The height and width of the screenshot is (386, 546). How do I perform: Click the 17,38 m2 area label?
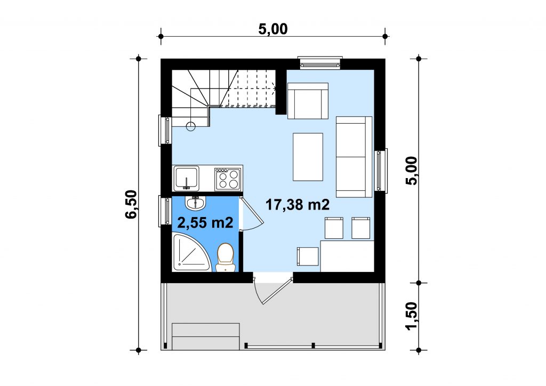coord(298,205)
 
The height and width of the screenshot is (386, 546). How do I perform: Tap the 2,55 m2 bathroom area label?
coord(205,222)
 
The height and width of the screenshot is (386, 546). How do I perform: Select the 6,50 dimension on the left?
coord(131,204)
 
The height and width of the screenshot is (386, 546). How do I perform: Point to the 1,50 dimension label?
coord(411,316)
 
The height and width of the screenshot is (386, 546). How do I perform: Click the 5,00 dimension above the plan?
coord(273,29)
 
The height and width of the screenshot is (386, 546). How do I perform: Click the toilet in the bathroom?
coord(225,258)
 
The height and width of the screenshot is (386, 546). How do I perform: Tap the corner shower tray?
coord(191,252)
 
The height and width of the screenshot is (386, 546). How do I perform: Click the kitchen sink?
coord(187,179)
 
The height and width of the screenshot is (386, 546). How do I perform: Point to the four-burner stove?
coord(228,179)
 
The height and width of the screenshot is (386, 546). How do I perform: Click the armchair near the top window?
coord(308,101)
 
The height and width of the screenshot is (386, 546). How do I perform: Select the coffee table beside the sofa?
coord(308,157)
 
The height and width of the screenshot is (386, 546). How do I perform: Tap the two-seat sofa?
coord(354,157)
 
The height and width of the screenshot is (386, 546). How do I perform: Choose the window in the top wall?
coord(320,63)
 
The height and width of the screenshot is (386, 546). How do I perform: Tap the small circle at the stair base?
coord(191,126)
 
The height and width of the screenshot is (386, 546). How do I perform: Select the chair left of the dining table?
coord(308,256)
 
